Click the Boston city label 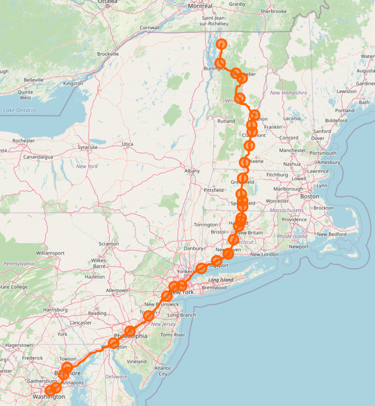click(x=310, y=196)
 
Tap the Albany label click(x=192, y=171)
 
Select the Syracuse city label click(x=88, y=147)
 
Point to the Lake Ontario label click(x=20, y=110)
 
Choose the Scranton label click(x=108, y=244)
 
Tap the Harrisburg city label click(x=56, y=309)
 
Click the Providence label click(x=294, y=220)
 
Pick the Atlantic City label click(x=163, y=371)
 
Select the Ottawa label click(x=107, y=2)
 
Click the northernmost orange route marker click(x=222, y=44)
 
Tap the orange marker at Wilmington click(x=113, y=343)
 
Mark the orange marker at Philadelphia click(x=130, y=331)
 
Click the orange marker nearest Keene click(x=245, y=162)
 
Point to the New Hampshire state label click(x=289, y=93)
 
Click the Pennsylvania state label click(x=19, y=264)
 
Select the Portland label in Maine click(x=345, y=110)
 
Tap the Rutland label click(x=226, y=121)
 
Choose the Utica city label click(x=127, y=144)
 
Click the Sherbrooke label click(x=273, y=11)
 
